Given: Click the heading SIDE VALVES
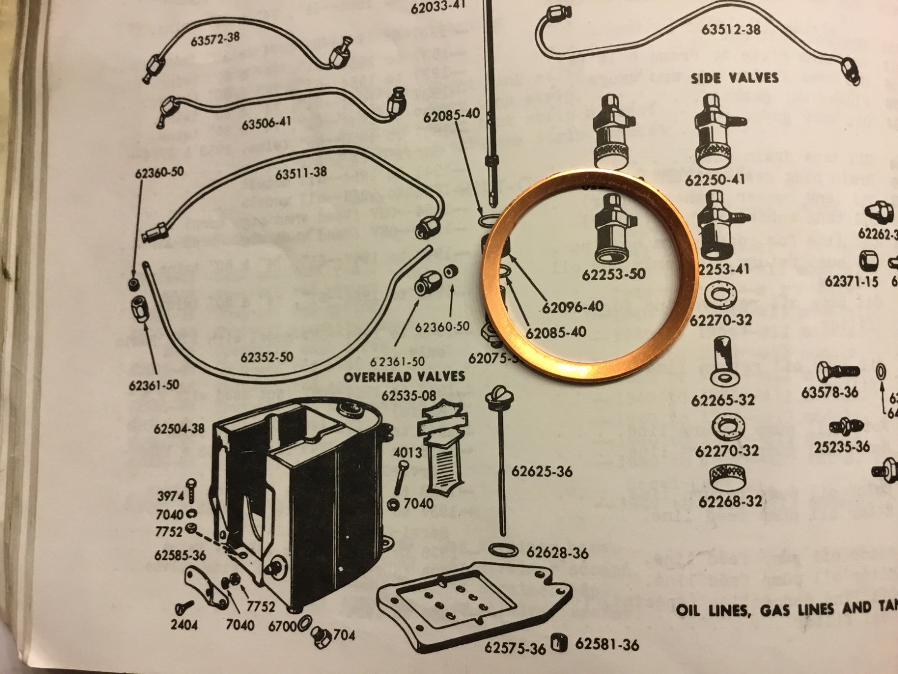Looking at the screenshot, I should pos(735,78).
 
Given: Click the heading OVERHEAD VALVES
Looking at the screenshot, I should pos(404,376).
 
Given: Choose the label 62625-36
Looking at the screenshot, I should pos(542,472).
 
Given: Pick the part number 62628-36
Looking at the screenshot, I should pos(557,553).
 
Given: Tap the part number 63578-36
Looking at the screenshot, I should pos(830,392).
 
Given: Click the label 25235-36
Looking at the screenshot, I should pos(842,447).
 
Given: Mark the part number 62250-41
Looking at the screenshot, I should pos(717,181).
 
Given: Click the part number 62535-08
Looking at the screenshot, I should pos(409,396).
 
